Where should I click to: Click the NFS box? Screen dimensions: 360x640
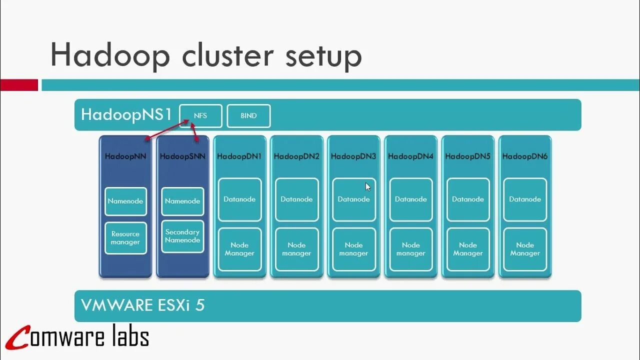point(200,116)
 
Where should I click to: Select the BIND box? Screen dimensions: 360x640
point(248,116)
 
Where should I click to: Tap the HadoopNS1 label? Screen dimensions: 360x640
point(126,114)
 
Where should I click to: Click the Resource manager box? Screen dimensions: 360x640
point(125,238)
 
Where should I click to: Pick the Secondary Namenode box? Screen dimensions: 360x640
point(182,236)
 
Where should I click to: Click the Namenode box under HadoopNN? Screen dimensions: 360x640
point(125,201)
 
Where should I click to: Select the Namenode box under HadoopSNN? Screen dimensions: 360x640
point(182,201)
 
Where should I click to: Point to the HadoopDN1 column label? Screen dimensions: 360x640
point(239,156)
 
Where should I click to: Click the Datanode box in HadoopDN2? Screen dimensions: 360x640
point(296,199)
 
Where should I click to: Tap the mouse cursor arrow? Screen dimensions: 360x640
point(368,187)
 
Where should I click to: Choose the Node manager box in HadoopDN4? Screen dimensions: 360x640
point(411,249)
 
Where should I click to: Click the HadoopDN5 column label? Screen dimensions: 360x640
point(468,156)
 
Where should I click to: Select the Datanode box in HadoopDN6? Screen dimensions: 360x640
point(525,199)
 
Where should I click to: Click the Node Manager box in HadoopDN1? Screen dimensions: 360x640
point(239,249)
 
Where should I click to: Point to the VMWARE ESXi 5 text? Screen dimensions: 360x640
point(143,305)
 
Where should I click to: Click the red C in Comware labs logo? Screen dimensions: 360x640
point(20,338)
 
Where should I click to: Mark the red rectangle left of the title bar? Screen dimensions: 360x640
point(19,85)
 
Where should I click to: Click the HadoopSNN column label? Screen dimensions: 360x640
point(182,156)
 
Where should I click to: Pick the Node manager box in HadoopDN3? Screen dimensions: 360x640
point(354,249)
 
